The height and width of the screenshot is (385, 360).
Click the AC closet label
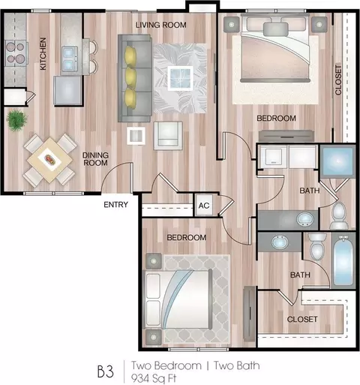204,206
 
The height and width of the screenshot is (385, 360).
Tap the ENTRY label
115,205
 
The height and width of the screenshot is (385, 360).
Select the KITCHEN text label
43,53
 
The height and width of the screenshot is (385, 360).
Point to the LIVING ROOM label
161,25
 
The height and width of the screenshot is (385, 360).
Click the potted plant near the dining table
16,120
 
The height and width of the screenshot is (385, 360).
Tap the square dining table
50,160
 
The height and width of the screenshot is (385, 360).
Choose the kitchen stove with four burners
16,53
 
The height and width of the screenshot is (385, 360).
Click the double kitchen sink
68,58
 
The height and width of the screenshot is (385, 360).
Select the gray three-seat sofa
135,78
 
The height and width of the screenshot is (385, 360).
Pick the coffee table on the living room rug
180,78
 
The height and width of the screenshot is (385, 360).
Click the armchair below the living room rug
168,136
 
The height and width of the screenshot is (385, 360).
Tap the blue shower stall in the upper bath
337,161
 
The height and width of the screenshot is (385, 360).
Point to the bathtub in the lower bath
343,260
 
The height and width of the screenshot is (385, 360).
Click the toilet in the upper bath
339,216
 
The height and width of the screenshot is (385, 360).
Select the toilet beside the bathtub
317,246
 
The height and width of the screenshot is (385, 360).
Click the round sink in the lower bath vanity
280,242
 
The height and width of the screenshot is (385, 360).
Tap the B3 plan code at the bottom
106,371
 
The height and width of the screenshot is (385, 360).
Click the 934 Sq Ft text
154,378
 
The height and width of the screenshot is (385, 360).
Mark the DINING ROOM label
95,159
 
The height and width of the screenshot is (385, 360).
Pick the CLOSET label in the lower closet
302,319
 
